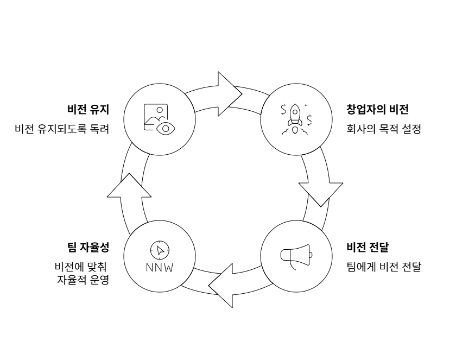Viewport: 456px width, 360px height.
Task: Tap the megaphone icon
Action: tap(296, 255)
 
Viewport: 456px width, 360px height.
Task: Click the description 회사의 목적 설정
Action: tap(383, 130)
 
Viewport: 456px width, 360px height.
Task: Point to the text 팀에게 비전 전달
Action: tap(383, 268)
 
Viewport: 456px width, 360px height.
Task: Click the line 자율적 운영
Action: tap(83, 281)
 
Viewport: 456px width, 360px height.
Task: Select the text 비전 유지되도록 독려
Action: tap(62, 130)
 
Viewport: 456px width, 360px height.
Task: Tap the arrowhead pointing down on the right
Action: tap(321, 192)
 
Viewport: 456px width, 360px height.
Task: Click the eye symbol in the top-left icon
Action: tap(166, 128)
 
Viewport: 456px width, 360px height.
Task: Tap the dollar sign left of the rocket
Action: tap(282, 109)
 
